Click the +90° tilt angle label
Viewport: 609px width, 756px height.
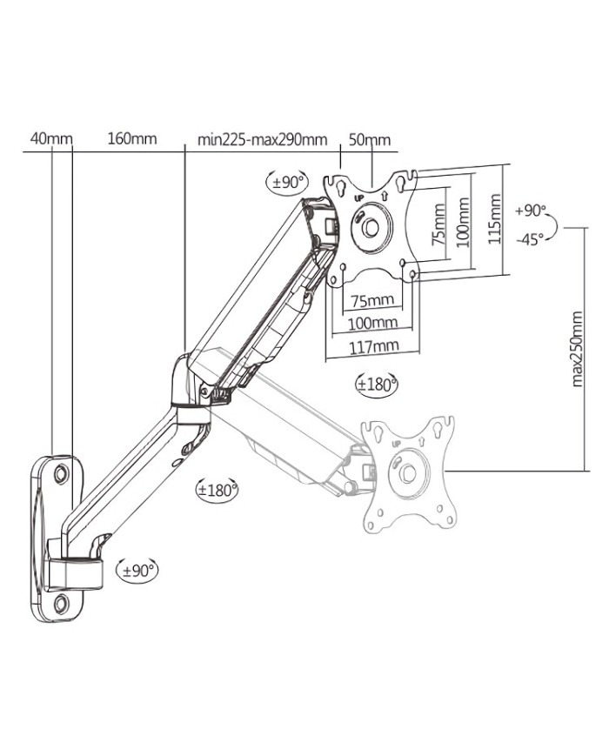coord(530,211)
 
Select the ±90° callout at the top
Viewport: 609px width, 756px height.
coord(287,183)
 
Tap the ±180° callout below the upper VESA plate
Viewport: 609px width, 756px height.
coord(377,383)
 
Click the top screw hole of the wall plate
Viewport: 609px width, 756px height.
coord(60,474)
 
